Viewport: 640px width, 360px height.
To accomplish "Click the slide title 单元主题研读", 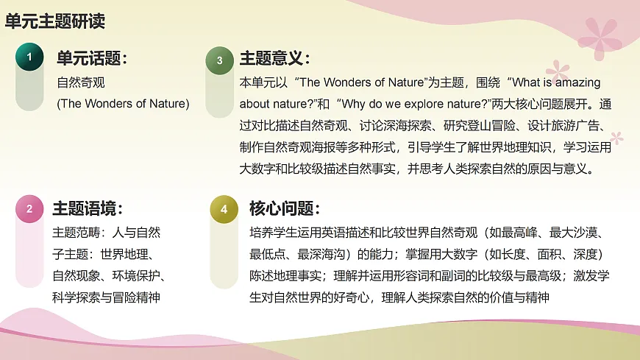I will (x=55, y=21).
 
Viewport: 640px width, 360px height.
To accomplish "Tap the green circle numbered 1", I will (x=29, y=57).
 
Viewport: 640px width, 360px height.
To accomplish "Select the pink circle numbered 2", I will (x=29, y=209).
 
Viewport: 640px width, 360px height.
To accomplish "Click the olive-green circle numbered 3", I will (x=219, y=61).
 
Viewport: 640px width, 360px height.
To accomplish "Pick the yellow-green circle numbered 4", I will (x=224, y=209).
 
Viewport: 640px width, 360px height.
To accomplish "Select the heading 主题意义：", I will (x=275, y=59).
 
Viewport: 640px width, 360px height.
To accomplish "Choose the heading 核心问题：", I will (x=285, y=209).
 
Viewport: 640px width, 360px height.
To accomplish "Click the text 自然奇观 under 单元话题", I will (x=81, y=82).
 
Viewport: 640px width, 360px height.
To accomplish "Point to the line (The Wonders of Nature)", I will (x=123, y=104).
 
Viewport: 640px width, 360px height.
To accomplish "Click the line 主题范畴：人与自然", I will (x=106, y=233).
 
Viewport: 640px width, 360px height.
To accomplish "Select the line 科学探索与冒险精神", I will (x=106, y=297).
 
